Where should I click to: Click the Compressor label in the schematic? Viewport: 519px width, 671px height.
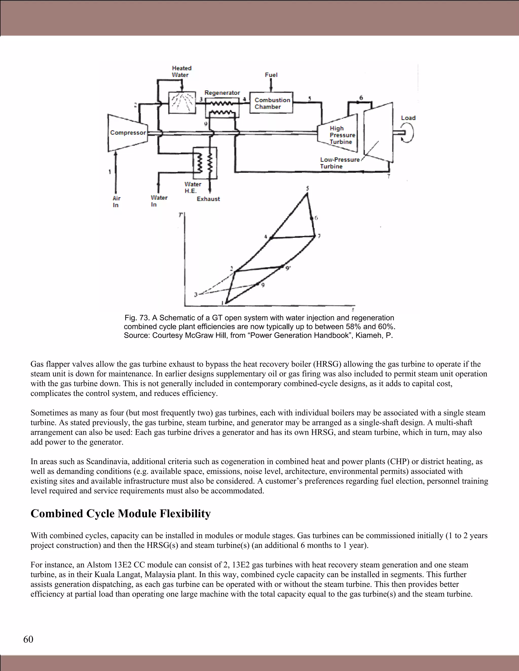[128, 133]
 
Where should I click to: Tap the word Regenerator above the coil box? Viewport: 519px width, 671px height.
[222, 93]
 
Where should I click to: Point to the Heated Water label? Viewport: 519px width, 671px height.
[181, 71]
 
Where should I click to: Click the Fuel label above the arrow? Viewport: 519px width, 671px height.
[271, 75]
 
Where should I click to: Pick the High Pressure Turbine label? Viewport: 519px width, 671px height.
[342, 135]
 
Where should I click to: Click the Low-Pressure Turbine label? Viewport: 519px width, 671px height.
[339, 163]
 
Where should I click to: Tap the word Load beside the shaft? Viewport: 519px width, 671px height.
[408, 118]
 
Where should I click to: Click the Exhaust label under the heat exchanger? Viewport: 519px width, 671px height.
[208, 199]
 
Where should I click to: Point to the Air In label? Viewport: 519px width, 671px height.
[116, 202]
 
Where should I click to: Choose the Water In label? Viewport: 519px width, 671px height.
[159, 201]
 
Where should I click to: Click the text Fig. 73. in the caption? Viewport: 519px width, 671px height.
[137, 318]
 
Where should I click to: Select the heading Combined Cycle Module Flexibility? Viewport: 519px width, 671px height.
[121, 514]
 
